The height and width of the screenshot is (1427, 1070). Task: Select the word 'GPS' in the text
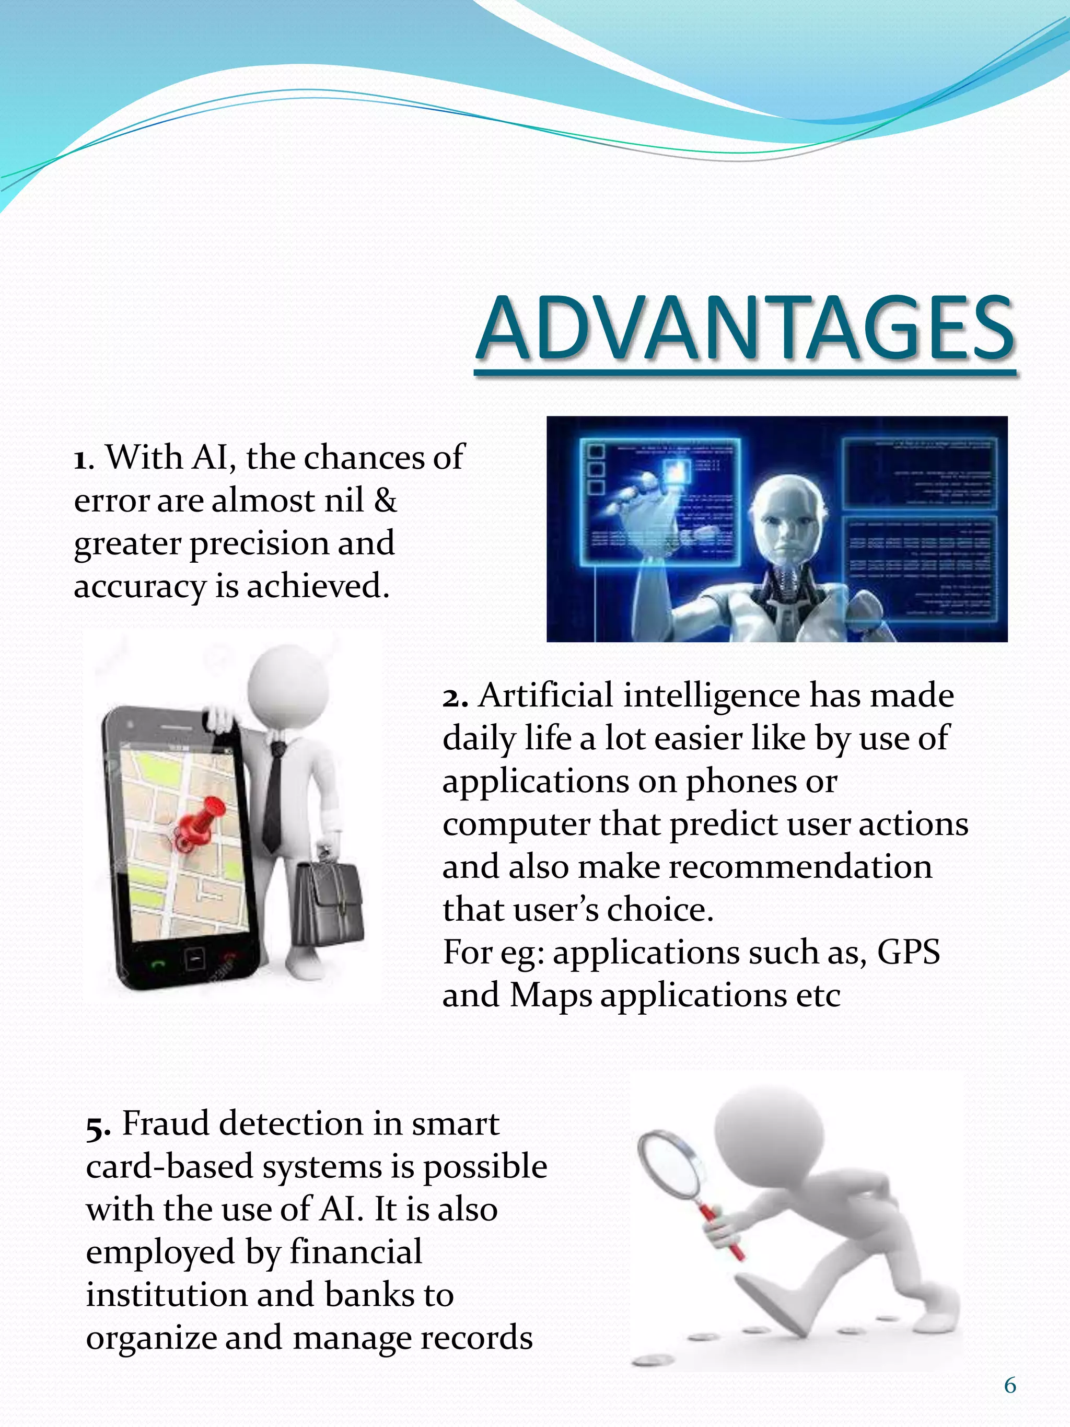point(908,952)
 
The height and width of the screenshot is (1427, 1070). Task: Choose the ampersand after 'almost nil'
point(385,501)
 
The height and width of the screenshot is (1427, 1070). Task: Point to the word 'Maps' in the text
point(550,995)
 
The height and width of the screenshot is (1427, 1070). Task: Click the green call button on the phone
point(158,964)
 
